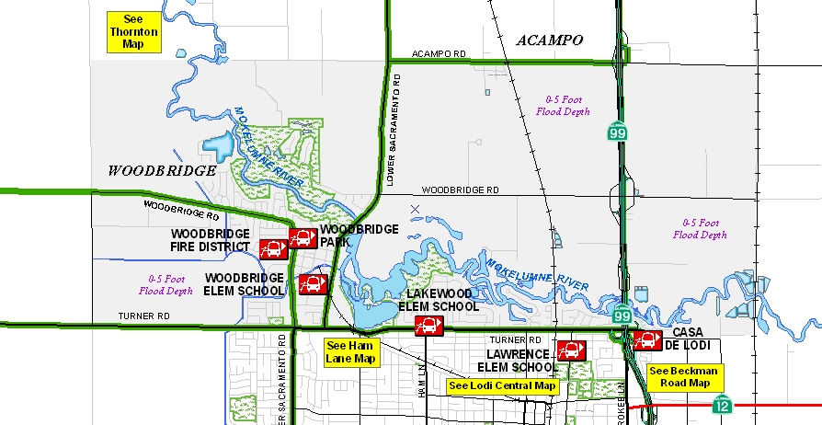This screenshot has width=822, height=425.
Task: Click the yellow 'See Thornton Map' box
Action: coord(134,31)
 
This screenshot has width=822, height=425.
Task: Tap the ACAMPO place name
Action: coord(550,40)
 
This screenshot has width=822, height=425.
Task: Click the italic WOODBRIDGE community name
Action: coord(162,170)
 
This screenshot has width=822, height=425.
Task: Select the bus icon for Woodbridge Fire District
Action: coord(273,248)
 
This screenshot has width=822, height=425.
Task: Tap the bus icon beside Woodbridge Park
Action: coord(303,238)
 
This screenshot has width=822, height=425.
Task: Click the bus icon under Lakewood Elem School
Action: coord(428,325)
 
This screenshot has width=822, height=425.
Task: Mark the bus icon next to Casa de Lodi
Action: coord(647,339)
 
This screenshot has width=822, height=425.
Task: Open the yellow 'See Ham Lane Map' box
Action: coord(351,352)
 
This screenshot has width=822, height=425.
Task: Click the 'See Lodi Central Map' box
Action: coord(502,385)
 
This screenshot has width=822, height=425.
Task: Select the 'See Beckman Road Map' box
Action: coord(686,377)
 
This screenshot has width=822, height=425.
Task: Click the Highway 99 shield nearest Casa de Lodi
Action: coord(623,316)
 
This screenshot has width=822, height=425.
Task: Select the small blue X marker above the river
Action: coord(416,210)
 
